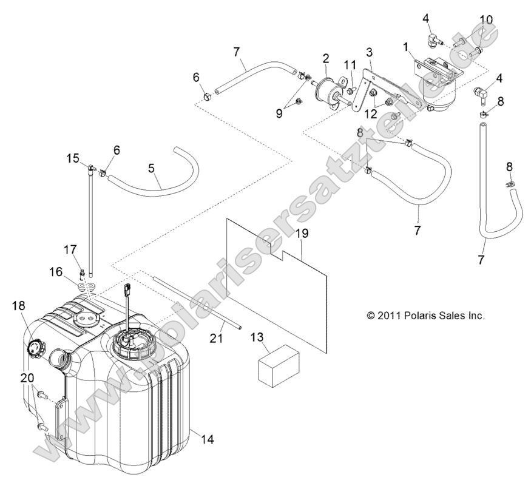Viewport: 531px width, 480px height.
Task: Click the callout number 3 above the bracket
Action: (368, 52)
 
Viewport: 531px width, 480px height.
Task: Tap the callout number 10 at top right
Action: (485, 20)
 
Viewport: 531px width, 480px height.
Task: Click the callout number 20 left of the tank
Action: (26, 377)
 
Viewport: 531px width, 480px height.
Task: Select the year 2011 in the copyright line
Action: (390, 316)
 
